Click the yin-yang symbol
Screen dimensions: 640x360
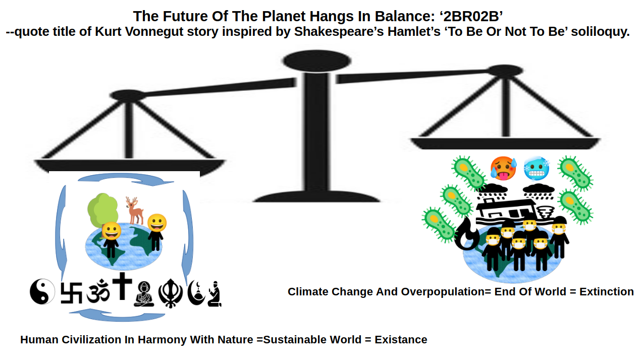[x=42, y=291]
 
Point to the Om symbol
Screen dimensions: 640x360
[x=98, y=291]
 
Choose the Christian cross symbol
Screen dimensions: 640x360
[x=122, y=286]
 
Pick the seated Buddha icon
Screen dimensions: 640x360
[x=144, y=294]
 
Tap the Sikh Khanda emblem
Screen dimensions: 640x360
[x=171, y=293]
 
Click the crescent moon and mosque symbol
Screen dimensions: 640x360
[x=196, y=293]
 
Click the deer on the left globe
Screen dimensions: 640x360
[x=135, y=210]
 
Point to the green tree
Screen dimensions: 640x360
[x=103, y=211]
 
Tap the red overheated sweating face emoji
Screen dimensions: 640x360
[x=503, y=168]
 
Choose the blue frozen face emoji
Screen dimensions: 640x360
[x=537, y=168]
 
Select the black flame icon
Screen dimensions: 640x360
[x=467, y=234]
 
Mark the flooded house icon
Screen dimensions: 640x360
[x=507, y=212]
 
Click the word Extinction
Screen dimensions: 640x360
[x=606, y=292]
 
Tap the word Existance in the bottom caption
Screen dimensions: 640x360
[x=401, y=340]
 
